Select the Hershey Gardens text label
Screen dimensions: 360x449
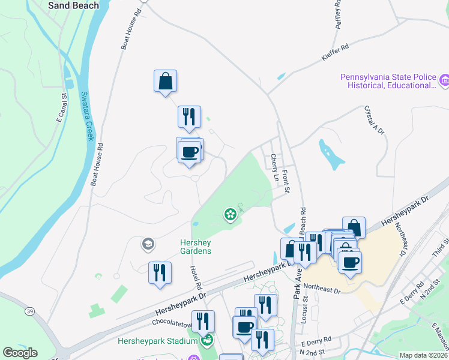196,247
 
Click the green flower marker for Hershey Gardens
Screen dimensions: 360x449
229,214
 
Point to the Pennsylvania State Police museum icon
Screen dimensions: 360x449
444,80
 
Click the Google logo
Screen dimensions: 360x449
20,353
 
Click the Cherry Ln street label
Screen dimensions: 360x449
274,168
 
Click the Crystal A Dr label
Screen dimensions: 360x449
375,119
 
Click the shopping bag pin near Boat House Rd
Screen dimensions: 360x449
165,82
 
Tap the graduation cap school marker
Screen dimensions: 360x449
147,244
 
